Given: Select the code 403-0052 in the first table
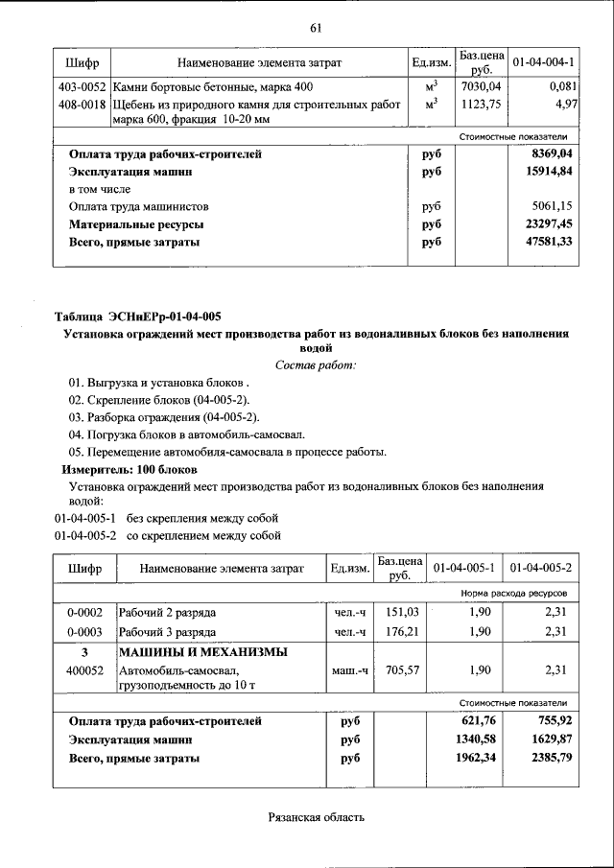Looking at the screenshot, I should pos(82,87).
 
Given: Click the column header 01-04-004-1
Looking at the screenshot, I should pos(543,62).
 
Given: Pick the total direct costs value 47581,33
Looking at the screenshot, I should pos(552,242).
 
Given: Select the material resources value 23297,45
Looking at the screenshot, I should pos(552,224).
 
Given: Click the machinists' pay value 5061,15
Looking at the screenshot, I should pos(554,206).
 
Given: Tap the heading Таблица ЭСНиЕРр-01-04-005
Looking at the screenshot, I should pos(141,317).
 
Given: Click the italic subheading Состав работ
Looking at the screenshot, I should pos(315,364).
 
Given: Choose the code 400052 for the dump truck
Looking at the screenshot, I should pos(84,670).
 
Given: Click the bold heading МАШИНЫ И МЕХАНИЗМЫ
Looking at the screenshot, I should pos(202,652).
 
